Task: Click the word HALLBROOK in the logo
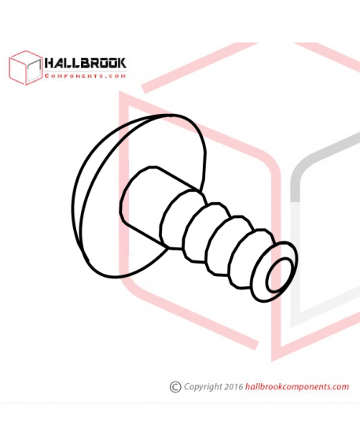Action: coord(85,63)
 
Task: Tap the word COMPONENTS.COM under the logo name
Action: coord(85,76)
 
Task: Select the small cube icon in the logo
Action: coord(26,68)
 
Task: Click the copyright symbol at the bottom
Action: coord(175,387)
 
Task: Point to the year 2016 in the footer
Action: coord(233,386)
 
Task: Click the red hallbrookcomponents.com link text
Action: coord(297,387)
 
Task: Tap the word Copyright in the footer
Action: coord(203,387)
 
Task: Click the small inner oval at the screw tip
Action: coord(279,275)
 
